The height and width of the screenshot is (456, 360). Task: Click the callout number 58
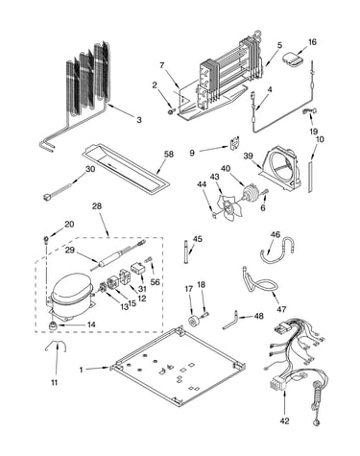point(168,154)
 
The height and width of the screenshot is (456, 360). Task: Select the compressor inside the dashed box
point(71,295)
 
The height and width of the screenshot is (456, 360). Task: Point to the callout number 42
point(284,421)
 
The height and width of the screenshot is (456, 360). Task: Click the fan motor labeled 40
point(250,194)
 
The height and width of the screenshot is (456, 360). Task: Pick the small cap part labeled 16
point(293,60)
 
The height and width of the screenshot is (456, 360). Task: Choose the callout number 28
point(97,206)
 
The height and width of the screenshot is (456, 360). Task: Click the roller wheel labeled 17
point(194,321)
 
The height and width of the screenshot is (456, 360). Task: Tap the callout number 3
point(139,120)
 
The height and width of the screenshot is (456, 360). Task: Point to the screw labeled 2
point(172,110)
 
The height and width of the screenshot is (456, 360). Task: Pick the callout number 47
point(281,309)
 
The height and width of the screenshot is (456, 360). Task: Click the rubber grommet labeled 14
point(52,325)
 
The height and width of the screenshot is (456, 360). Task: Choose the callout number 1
point(82,370)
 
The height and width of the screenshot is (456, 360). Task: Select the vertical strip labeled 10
point(310,178)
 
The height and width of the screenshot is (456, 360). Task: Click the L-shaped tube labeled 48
point(230,323)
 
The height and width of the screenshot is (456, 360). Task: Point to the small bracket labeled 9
point(235,143)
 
